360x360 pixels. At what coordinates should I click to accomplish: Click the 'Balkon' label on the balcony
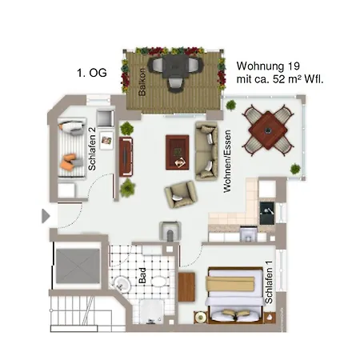(142, 82)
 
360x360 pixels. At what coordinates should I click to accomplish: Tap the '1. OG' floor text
(91, 73)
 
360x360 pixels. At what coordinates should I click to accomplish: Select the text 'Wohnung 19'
(269, 66)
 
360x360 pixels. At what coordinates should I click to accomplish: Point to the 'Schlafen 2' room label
(93, 150)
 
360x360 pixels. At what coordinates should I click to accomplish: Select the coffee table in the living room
(177, 151)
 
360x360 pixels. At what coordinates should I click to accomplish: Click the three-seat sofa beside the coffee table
(206, 150)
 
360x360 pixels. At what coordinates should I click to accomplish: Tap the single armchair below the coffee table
(180, 193)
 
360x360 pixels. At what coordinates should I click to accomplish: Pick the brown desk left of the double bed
(187, 287)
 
